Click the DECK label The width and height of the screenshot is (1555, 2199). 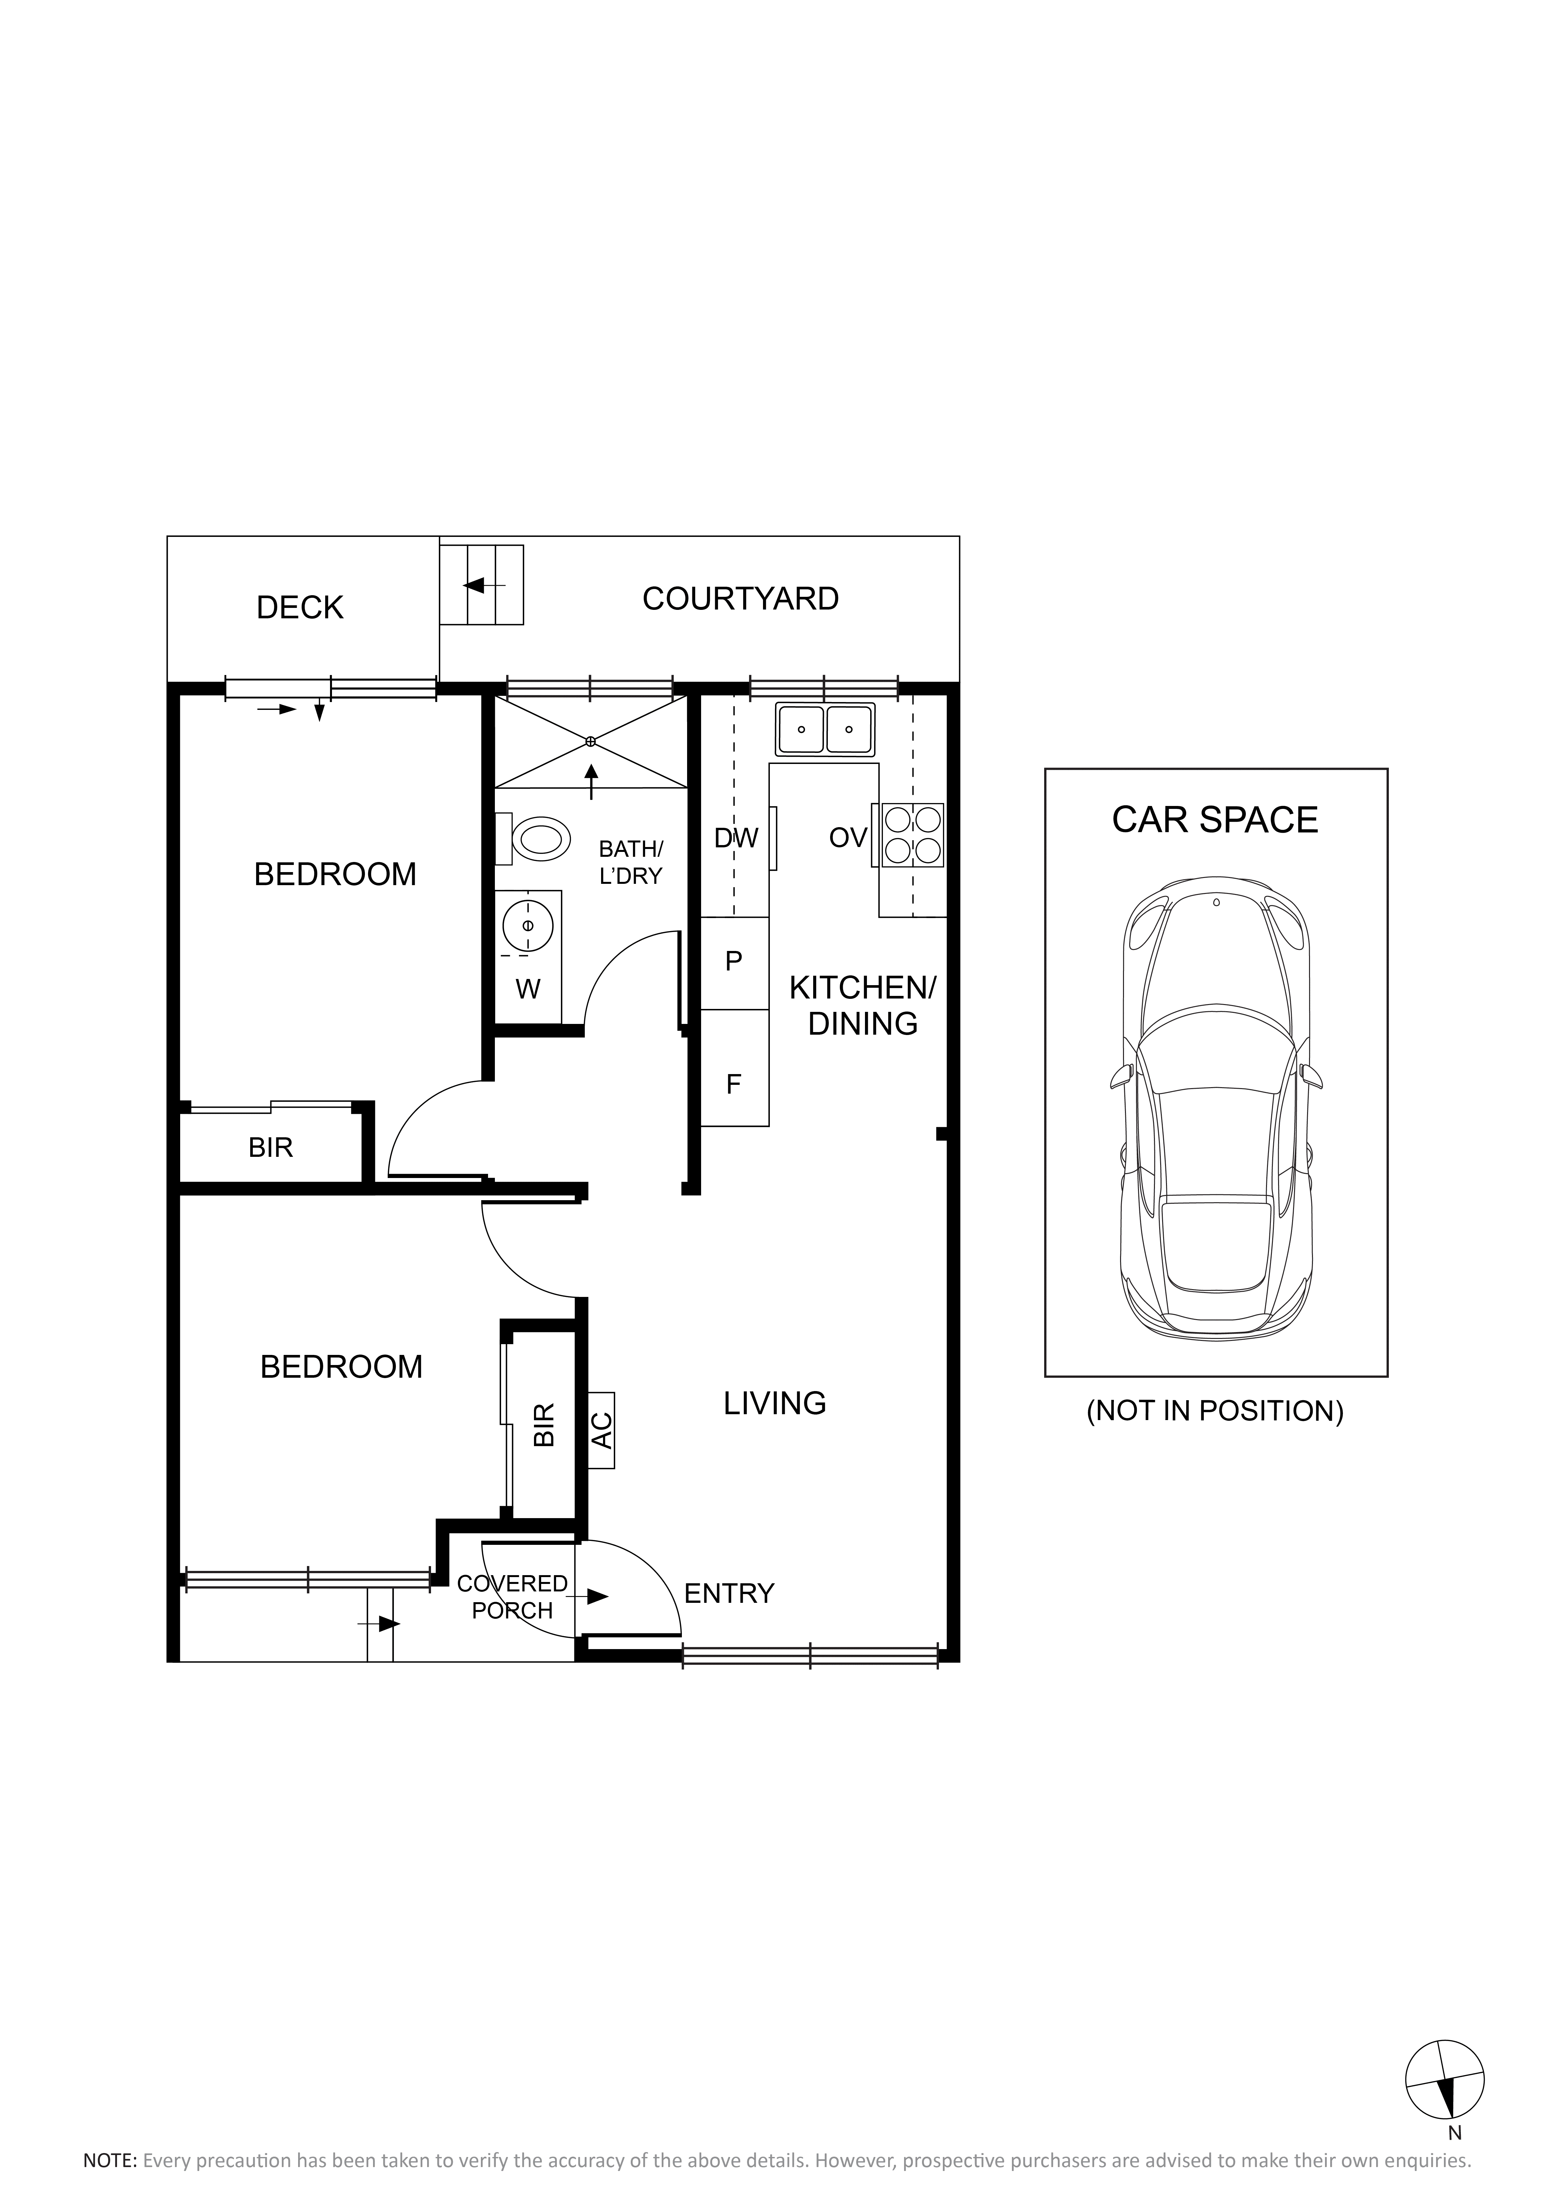[x=300, y=607]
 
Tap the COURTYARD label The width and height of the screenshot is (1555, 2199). [x=740, y=598]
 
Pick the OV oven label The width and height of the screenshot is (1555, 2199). [x=847, y=838]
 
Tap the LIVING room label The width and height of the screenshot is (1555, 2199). [x=775, y=1403]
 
